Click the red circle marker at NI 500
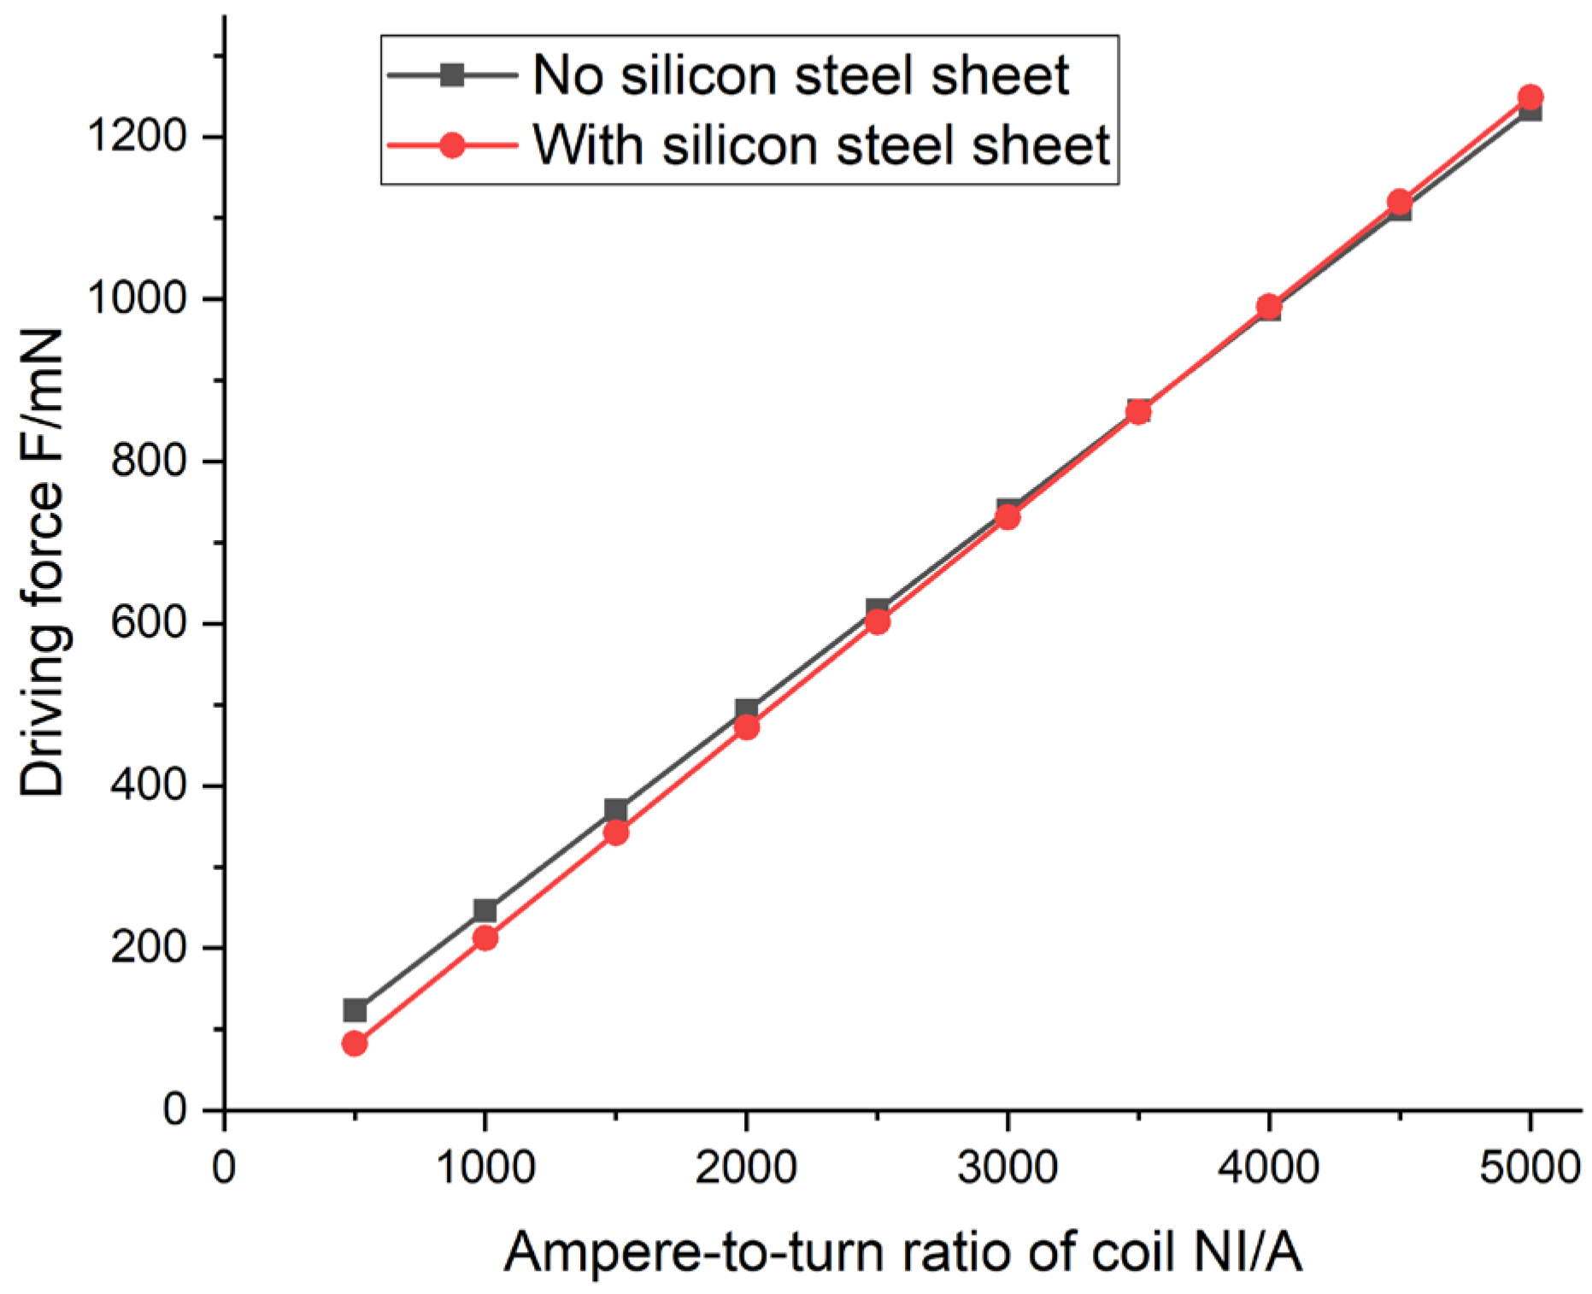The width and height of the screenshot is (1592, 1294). click(355, 1044)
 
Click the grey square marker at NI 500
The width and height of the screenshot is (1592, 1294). click(355, 1010)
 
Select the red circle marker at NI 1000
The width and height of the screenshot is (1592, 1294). click(485, 938)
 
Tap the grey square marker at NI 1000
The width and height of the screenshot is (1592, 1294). click(485, 910)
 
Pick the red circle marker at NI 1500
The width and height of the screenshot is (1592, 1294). click(616, 832)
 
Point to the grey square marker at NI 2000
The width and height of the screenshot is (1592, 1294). click(747, 709)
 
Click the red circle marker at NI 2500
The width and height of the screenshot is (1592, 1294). click(878, 621)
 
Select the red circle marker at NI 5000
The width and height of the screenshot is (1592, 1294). click(1530, 97)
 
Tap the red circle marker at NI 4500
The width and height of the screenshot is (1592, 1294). click(1400, 202)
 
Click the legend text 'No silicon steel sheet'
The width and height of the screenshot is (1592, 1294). click(801, 75)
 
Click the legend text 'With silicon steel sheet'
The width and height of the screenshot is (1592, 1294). click(821, 144)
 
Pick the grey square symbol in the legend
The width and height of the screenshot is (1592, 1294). click(452, 75)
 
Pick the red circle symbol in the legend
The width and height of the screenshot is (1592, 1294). click(452, 145)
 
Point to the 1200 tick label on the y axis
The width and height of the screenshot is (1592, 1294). click(138, 136)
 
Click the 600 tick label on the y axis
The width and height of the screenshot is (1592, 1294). click(150, 622)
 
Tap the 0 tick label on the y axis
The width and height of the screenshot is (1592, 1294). click(174, 1109)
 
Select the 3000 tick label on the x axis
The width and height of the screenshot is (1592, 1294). click(1007, 1167)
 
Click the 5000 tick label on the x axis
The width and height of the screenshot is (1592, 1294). click(1530, 1167)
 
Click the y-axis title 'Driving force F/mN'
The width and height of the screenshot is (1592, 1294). click(43, 564)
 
